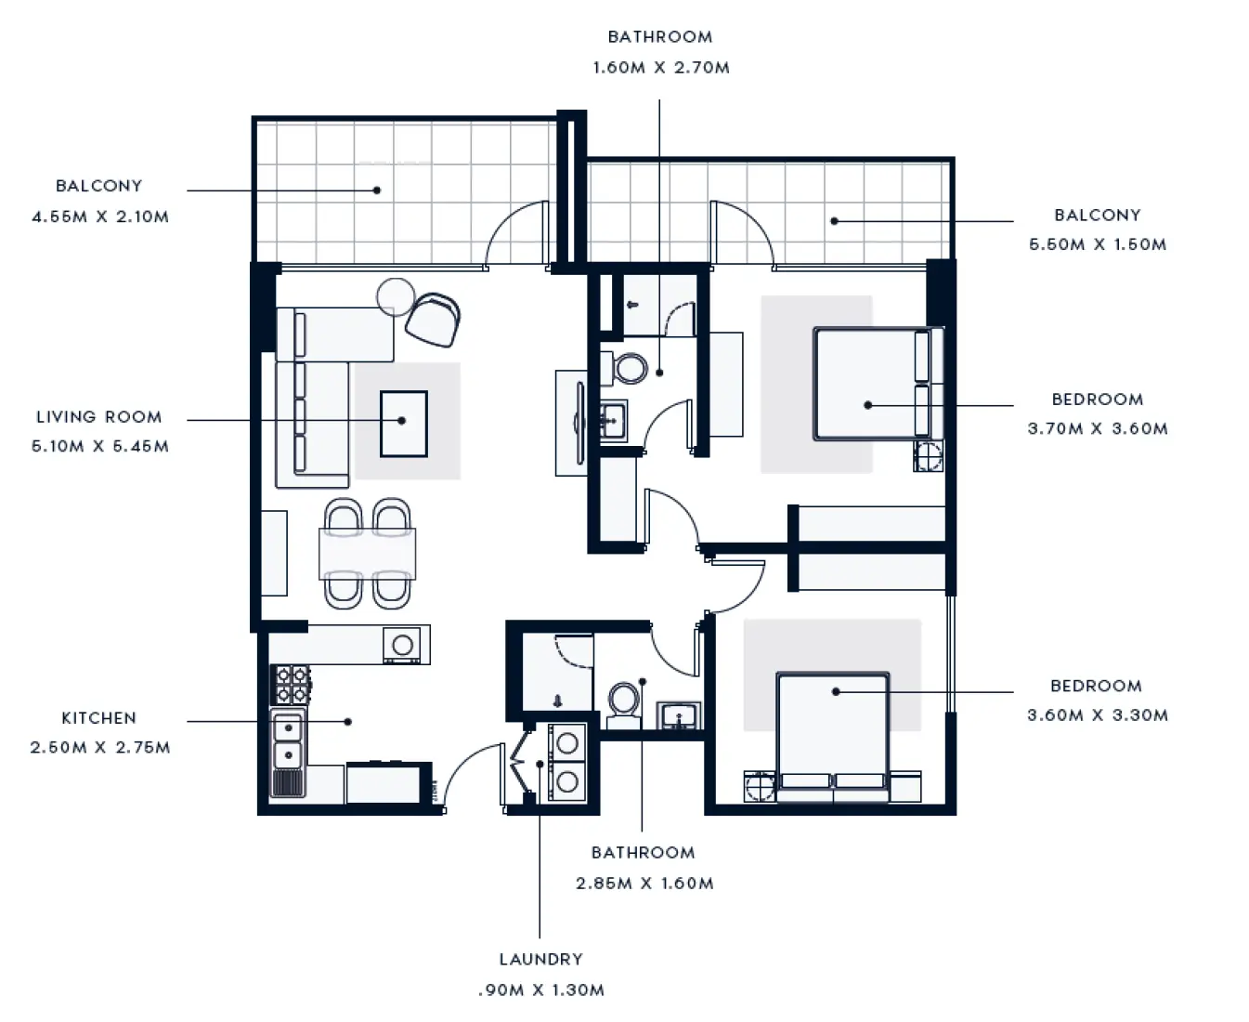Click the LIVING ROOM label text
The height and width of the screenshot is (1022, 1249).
click(x=99, y=417)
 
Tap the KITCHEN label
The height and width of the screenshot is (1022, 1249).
click(x=98, y=718)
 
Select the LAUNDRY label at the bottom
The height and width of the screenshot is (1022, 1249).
click(x=540, y=959)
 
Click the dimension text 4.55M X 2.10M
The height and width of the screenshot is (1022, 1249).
click(x=100, y=216)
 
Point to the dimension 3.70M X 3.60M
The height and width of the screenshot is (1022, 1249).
click(x=1098, y=428)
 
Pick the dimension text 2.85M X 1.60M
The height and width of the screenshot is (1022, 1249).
click(x=644, y=883)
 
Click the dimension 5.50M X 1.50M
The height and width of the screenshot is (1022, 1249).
click(x=1098, y=244)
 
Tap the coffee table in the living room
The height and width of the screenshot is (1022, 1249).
click(x=403, y=424)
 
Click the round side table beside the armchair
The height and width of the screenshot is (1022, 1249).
click(x=396, y=295)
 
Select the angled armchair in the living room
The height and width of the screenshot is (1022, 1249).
click(x=433, y=319)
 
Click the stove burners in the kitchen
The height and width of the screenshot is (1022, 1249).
click(x=292, y=684)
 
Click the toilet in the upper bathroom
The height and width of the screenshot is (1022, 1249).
click(x=631, y=368)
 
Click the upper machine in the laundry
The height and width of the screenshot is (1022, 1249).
click(x=567, y=743)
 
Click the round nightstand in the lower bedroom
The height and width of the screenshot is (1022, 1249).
click(x=760, y=787)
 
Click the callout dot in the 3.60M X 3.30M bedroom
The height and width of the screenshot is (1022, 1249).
click(x=836, y=691)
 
